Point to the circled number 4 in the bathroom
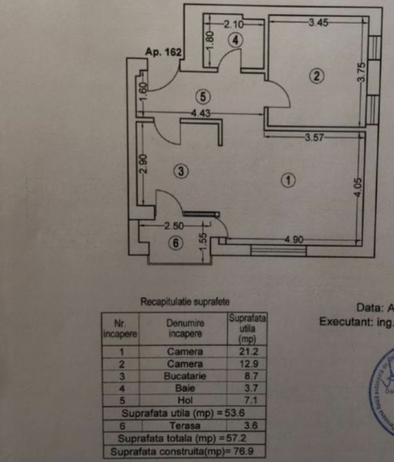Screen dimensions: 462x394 click(x=236, y=39)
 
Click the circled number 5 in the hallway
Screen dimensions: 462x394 click(x=203, y=97)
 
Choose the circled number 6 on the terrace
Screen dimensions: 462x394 click(x=177, y=243)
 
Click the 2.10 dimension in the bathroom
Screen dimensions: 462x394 click(x=232, y=24)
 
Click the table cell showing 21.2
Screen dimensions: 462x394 click(x=247, y=352)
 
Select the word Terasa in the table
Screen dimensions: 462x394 click(x=185, y=425)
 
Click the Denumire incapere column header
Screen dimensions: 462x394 click(x=185, y=329)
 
